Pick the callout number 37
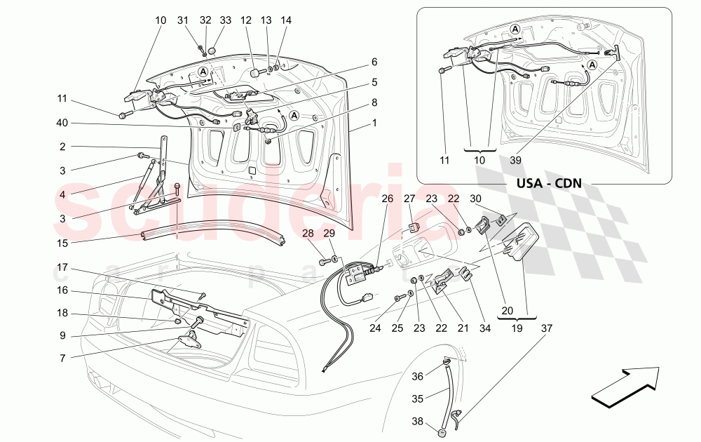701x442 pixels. (545, 326)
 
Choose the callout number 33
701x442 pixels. (226, 20)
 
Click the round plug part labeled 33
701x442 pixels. (212, 51)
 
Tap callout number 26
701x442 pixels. (388, 199)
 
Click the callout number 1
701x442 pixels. (374, 123)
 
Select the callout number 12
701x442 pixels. (246, 20)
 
